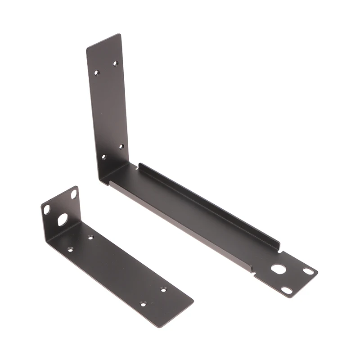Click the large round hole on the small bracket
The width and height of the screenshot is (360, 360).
[63, 219]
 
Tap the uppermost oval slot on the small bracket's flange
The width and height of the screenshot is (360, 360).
[74, 194]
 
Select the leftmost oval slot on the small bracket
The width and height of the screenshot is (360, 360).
[46, 209]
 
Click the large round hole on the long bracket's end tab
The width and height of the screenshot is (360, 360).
[279, 269]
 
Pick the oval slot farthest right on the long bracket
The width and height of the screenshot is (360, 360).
[308, 271]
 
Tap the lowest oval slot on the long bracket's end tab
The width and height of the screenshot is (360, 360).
[287, 291]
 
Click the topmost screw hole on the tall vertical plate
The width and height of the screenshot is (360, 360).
[115, 63]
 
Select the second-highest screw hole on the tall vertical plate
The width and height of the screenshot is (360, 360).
[96, 72]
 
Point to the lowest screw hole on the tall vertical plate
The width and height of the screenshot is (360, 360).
[103, 157]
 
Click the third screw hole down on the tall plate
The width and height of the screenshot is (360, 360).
[121, 147]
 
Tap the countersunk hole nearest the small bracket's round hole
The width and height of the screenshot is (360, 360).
[90, 237]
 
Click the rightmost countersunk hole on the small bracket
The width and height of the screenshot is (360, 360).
[163, 289]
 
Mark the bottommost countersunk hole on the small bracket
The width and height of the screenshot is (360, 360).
[143, 304]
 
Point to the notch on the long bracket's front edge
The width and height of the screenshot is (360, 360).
[255, 272]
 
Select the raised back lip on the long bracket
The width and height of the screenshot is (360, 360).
[207, 202]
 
